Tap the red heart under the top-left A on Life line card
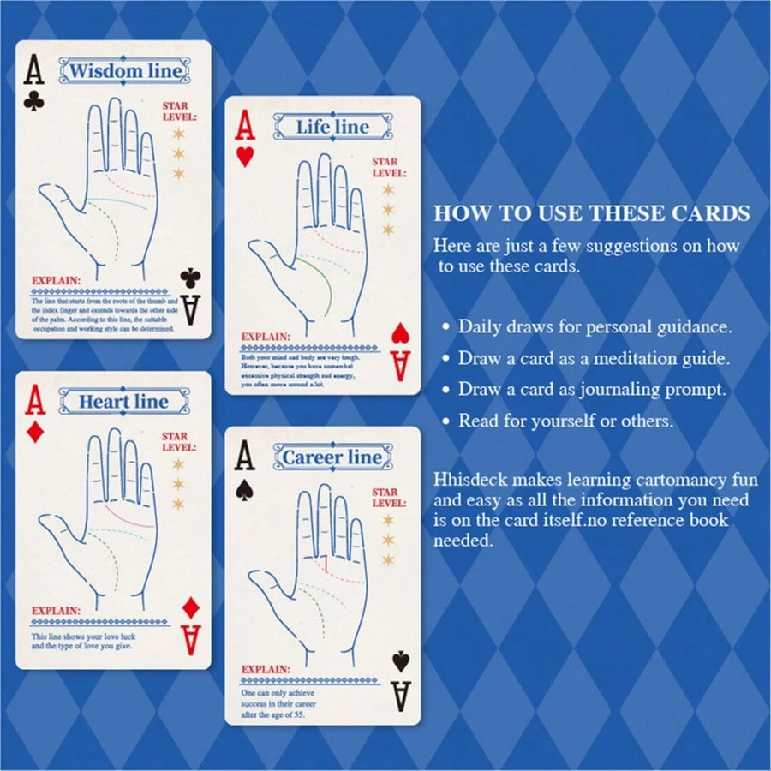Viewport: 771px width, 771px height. [245, 158]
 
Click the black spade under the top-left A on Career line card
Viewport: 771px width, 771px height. [245, 488]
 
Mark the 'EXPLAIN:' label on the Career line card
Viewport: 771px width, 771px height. [266, 670]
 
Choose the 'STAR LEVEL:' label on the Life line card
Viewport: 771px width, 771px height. [385, 167]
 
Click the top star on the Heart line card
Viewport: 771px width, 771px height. [178, 464]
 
